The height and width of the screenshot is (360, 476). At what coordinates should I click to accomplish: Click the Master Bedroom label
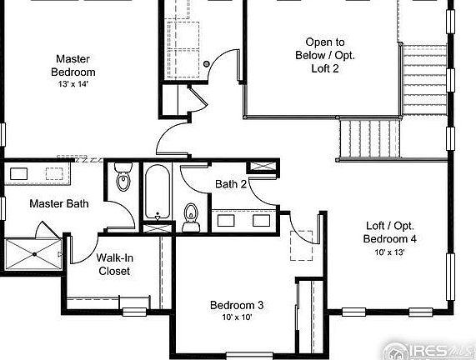pos(73,65)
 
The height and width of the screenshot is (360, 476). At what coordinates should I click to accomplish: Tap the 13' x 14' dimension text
pos(73,84)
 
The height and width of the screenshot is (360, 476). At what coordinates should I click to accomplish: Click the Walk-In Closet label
pos(114,264)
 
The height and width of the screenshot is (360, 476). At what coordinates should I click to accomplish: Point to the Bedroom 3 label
pos(237,305)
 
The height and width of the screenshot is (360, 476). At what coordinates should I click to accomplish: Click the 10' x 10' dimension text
pos(237,317)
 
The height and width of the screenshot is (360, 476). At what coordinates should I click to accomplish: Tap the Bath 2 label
pos(230,184)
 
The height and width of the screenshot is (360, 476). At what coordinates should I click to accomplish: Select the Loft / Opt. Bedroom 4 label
pos(390,232)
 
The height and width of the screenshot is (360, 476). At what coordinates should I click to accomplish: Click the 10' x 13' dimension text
pos(390,252)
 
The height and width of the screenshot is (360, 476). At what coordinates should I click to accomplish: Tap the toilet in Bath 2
pos(192,217)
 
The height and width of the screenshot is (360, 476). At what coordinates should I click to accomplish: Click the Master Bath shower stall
pos(34,253)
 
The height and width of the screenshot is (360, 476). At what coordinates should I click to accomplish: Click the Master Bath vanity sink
pos(19,174)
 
